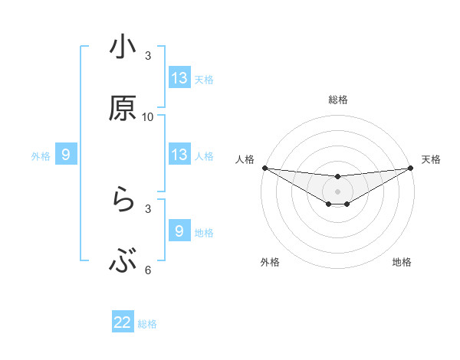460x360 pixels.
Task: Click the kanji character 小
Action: click(123, 48)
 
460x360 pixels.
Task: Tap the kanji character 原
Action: click(123, 110)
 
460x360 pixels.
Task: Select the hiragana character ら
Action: click(123, 201)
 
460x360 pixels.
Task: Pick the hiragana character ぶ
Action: click(123, 263)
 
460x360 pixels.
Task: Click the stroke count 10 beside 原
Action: click(148, 117)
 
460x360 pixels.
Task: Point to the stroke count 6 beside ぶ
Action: click(148, 270)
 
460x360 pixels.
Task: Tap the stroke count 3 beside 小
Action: click(148, 56)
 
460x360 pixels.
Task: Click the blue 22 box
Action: click(123, 322)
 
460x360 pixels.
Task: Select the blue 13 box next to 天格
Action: click(179, 78)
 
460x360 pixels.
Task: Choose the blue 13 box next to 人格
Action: click(179, 155)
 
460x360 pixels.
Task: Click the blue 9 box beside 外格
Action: click(66, 155)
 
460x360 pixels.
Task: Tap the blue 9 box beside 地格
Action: click(179, 231)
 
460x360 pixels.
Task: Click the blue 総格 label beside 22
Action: click(147, 323)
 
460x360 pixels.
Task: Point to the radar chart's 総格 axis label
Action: click(337, 100)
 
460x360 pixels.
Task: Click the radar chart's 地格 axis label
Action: click(402, 262)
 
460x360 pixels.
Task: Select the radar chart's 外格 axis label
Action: click(270, 262)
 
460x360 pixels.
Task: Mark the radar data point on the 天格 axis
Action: click(411, 168)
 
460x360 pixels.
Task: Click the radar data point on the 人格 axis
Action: click(264, 168)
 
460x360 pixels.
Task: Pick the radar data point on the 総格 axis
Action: click(337, 177)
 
